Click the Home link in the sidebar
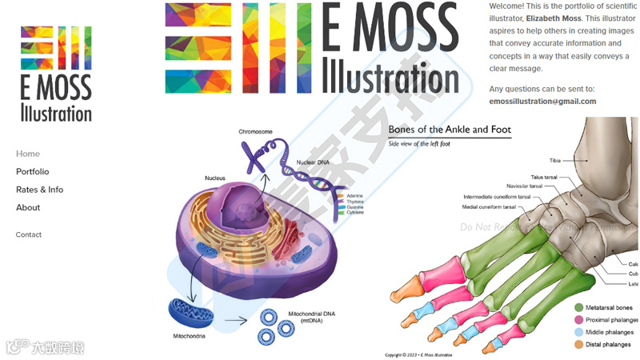pyautogui.click(x=28, y=154)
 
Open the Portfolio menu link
pyautogui.click(x=33, y=172)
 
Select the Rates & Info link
pyautogui.click(x=39, y=190)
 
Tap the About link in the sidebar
pyautogui.click(x=28, y=208)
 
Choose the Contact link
pyautogui.click(x=29, y=235)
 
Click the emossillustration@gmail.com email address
pyautogui.click(x=542, y=102)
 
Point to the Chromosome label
pyautogui.click(x=255, y=132)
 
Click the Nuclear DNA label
pyautogui.click(x=313, y=162)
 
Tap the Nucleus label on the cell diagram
pyautogui.click(x=214, y=178)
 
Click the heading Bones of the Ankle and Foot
pyautogui.click(x=450, y=130)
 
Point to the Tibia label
pyautogui.click(x=555, y=161)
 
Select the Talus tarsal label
pyautogui.click(x=548, y=177)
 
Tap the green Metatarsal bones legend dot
pyautogui.click(x=578, y=307)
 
